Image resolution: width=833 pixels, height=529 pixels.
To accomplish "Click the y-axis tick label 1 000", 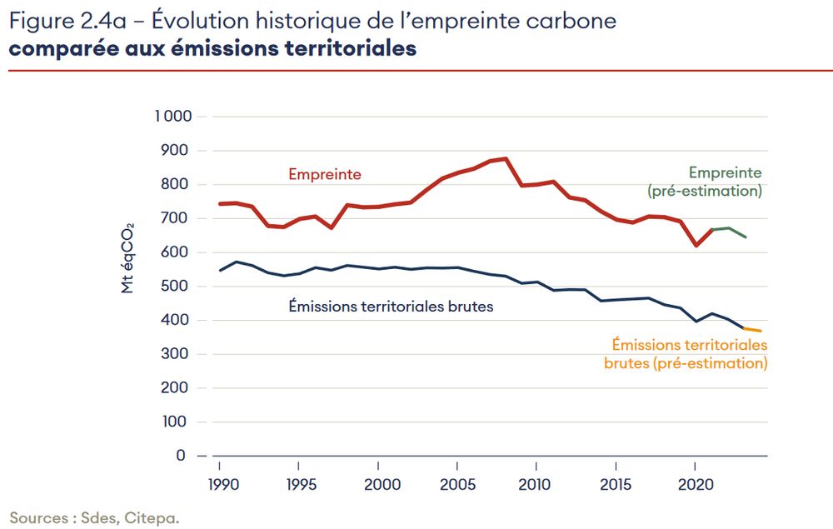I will coord(172,117).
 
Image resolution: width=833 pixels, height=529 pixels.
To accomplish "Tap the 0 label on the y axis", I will coord(181,456).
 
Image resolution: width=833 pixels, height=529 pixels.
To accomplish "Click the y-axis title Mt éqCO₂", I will coord(127,257).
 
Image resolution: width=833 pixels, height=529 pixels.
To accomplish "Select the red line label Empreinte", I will coord(325,174).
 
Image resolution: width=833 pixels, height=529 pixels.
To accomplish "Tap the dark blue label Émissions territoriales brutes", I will coord(391,307).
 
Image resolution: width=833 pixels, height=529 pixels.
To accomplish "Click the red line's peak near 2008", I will coord(506,158).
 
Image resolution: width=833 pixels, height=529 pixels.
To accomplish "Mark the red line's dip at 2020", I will coord(696,246).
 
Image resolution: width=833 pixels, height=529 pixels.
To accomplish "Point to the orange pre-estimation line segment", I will coord(752,330).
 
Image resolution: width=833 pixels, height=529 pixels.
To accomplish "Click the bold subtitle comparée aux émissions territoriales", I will coord(212,48).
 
